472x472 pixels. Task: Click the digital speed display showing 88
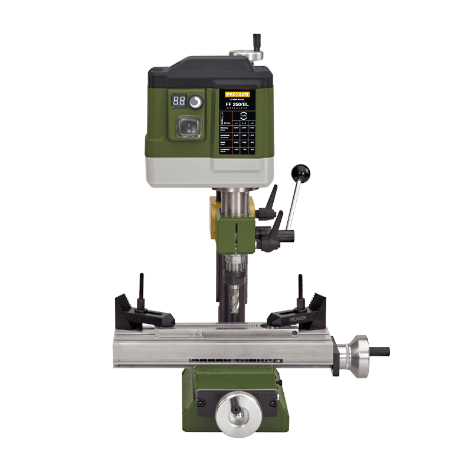(x=179, y=101)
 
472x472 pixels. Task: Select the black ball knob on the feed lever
(x=300, y=173)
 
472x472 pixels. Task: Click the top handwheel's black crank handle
(x=257, y=41)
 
